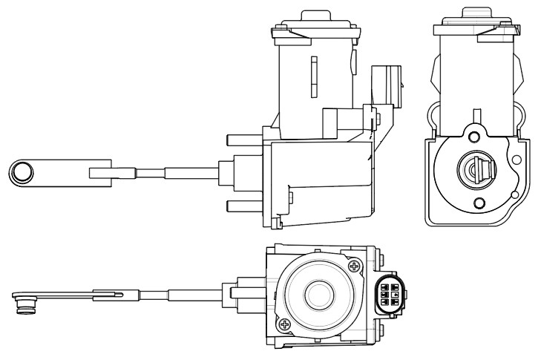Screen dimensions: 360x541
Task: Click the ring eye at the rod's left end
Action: [22, 172]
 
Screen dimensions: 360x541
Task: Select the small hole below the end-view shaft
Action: [479, 203]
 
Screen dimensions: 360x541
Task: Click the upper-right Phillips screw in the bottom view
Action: [355, 265]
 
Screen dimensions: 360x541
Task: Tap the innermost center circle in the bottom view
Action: [318, 295]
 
